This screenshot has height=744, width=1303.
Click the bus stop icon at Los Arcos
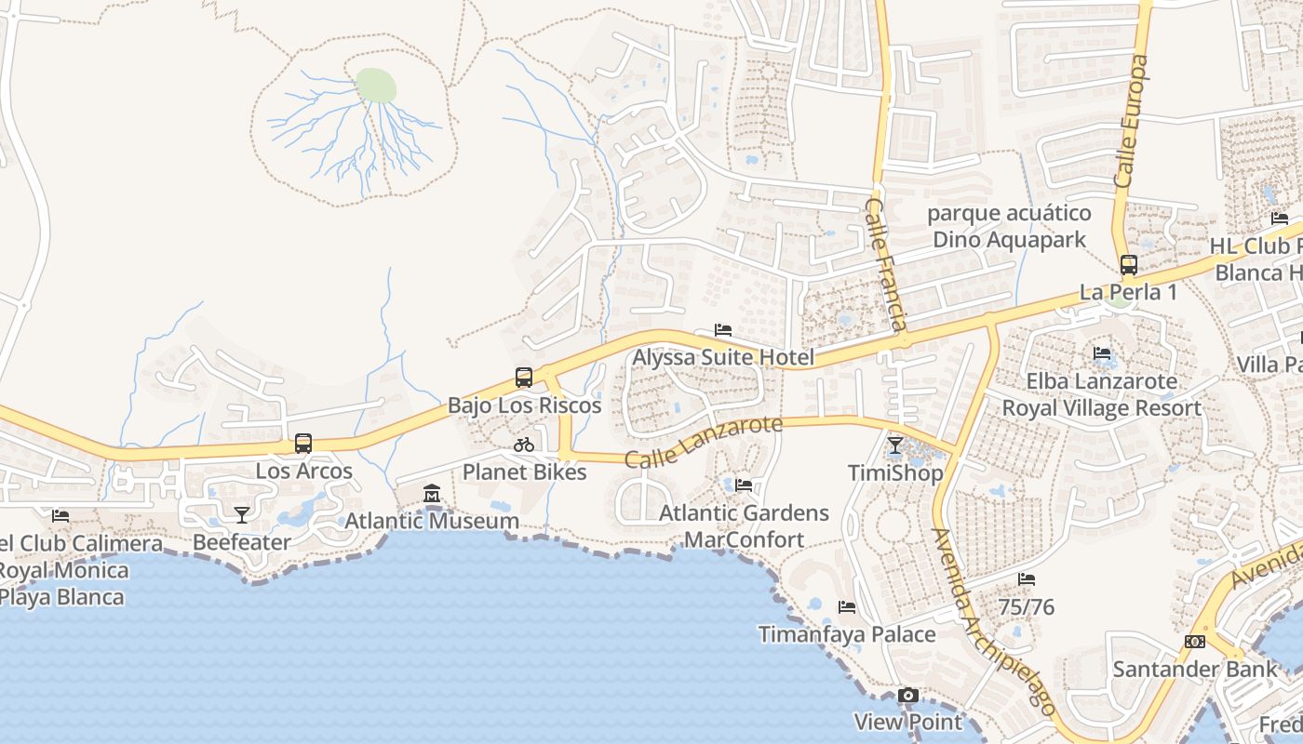pyautogui.click(x=303, y=444)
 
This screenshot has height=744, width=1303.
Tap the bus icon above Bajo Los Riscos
pyautogui.click(x=524, y=378)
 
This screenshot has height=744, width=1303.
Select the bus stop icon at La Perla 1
pyautogui.click(x=1129, y=265)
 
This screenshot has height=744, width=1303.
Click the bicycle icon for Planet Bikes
pyautogui.click(x=524, y=445)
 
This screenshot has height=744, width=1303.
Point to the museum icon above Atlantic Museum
pyautogui.click(x=432, y=494)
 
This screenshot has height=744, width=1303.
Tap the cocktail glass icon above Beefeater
pyautogui.click(x=242, y=514)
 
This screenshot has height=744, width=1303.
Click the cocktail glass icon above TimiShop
pyautogui.click(x=895, y=445)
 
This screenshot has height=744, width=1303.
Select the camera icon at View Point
pyautogui.click(x=908, y=695)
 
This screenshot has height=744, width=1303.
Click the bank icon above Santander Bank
pyautogui.click(x=1195, y=642)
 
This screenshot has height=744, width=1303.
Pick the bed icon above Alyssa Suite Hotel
pyautogui.click(x=723, y=330)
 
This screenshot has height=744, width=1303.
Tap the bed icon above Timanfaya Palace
pyautogui.click(x=847, y=607)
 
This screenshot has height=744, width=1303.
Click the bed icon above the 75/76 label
pyautogui.click(x=1027, y=579)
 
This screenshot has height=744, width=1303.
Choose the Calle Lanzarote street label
pyautogui.click(x=704, y=442)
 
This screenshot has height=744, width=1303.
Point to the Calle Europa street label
pyautogui.click(x=1131, y=121)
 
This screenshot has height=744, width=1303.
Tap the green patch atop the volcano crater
pyautogui.click(x=376, y=86)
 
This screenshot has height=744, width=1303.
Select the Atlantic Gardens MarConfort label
pyautogui.click(x=744, y=526)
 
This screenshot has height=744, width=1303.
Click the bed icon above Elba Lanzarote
pyautogui.click(x=1102, y=353)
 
